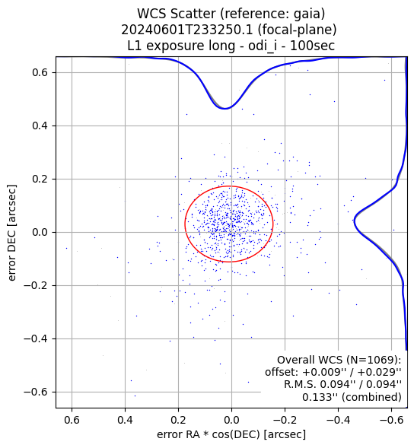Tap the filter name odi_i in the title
tap(263, 46)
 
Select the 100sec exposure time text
tap(312, 46)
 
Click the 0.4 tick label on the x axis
tap(125, 420)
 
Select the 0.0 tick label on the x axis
tap(231, 420)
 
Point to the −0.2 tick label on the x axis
tap(285, 420)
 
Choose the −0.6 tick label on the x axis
tap(392, 420)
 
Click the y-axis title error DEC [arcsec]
tap(11, 232)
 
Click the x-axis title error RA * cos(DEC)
tap(209, 434)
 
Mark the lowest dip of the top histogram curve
tap(225, 109)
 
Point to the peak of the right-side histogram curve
tap(354, 221)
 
